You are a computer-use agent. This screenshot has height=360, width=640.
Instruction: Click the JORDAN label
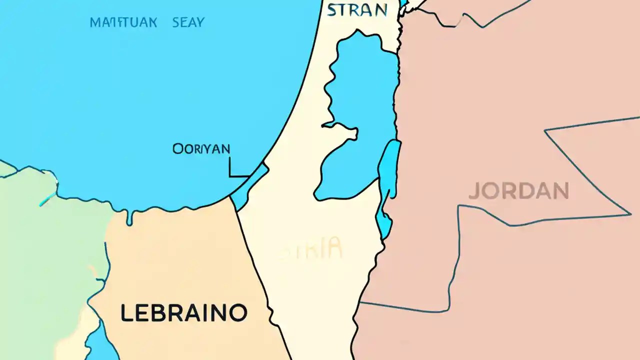tap(518, 191)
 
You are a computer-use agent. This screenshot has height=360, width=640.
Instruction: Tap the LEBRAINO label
tap(183, 313)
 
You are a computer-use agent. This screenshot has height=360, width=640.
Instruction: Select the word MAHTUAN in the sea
tap(123, 22)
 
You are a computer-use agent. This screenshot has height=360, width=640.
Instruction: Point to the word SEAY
tap(188, 22)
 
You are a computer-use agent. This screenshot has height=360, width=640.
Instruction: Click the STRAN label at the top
tap(357, 10)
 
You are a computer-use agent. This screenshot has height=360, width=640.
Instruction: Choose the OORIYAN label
tap(201, 148)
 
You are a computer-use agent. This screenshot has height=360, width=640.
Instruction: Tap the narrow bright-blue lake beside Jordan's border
tap(388, 180)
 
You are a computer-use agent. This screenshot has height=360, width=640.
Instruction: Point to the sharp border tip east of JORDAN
tap(629, 214)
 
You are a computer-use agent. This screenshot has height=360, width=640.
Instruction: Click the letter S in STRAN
tap(332, 10)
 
